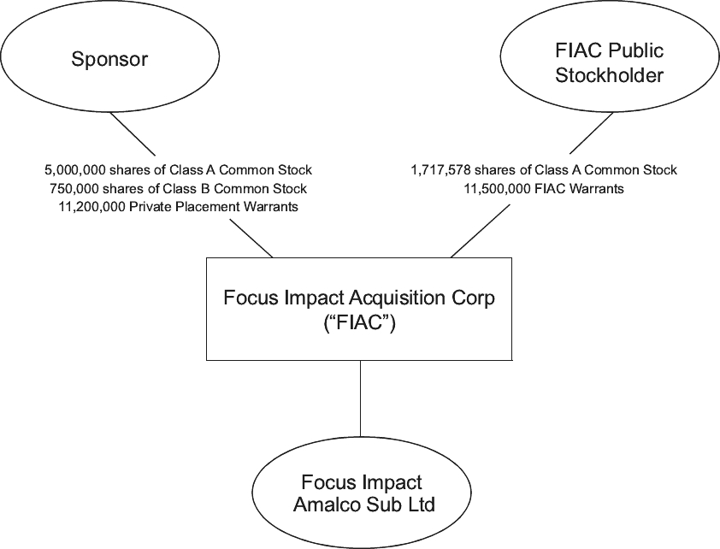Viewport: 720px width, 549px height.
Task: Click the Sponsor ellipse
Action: coord(109,59)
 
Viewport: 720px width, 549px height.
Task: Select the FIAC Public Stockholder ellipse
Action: coord(609,62)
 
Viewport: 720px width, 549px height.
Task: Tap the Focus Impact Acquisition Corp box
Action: coord(359,309)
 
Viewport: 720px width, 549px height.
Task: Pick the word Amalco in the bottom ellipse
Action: coord(324,504)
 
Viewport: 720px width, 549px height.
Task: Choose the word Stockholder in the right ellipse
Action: coord(609,74)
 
